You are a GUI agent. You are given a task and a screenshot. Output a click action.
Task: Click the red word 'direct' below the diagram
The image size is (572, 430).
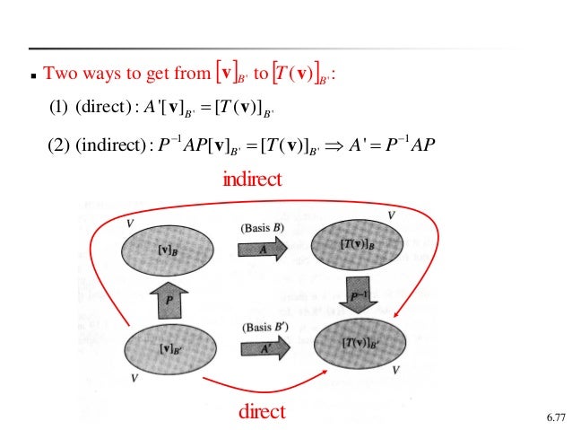click(261, 412)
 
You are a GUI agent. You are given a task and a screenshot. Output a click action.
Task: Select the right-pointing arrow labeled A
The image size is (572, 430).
click(263, 252)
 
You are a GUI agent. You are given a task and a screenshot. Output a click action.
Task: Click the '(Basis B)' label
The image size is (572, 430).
click(262, 227)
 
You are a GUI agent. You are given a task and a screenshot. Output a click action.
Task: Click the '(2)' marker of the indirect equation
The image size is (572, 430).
click(57, 145)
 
